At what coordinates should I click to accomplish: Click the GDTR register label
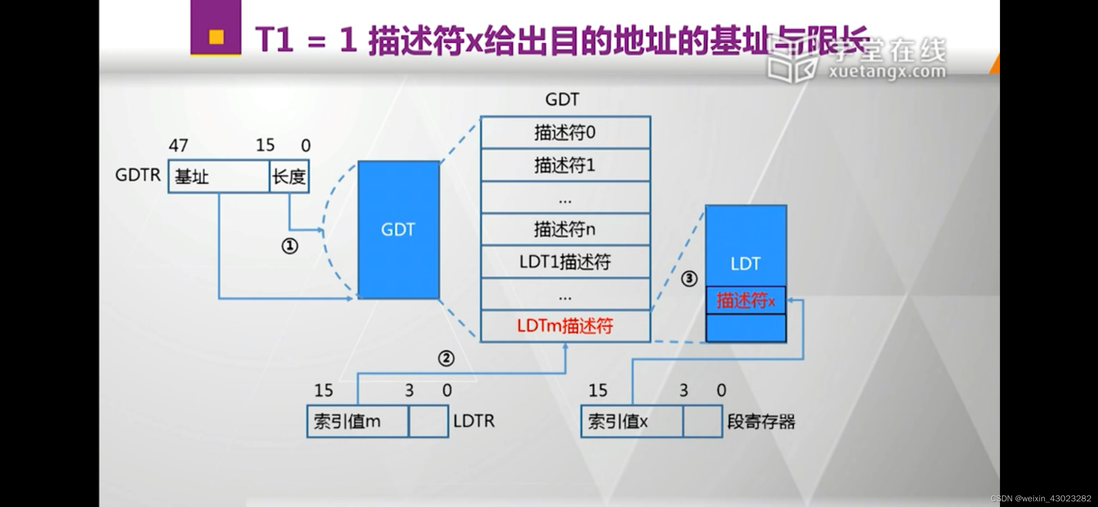pos(137,175)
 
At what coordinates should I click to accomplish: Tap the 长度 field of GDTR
pos(289,177)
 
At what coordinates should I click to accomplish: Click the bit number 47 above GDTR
pos(178,146)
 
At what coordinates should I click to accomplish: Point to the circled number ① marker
pos(290,246)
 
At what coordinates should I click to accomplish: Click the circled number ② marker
pos(446,358)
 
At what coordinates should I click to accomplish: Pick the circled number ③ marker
pos(689,279)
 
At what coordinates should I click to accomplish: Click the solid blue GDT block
pos(398,230)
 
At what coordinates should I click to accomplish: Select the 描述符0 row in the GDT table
pos(565,133)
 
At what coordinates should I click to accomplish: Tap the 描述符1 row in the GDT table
pos(565,165)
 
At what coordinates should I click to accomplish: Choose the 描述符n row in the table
pos(565,229)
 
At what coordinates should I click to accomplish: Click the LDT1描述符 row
pos(565,262)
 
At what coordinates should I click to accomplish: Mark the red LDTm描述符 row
pos(565,326)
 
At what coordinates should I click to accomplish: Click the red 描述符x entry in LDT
pos(745,300)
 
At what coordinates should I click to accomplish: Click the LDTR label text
pos(474,421)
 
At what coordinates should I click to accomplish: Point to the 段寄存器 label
pos(761,422)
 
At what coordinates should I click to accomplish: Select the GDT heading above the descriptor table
pos(562,100)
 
